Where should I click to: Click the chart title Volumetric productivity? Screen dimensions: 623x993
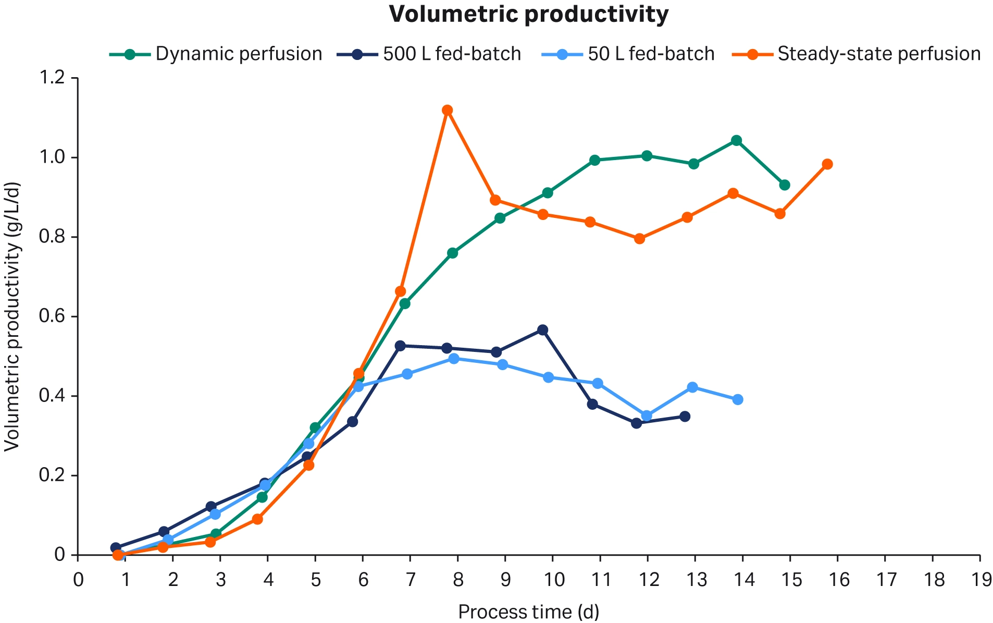[x=528, y=15]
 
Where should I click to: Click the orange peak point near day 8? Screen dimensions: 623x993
[x=447, y=110]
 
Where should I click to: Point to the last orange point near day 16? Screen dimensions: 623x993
[x=827, y=164]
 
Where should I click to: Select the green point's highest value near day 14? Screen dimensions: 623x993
[x=736, y=141]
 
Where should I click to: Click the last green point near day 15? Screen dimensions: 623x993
[x=785, y=185]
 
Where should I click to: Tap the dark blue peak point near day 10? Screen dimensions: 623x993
[x=542, y=330]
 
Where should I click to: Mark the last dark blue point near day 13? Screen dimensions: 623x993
[x=685, y=417]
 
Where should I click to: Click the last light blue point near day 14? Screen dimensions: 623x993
[x=738, y=400]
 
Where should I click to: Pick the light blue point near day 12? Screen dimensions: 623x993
[x=647, y=416]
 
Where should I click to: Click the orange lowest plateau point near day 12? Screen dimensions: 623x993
[x=640, y=239]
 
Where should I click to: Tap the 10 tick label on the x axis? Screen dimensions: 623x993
[x=553, y=580]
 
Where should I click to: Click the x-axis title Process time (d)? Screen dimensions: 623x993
[x=528, y=612]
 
